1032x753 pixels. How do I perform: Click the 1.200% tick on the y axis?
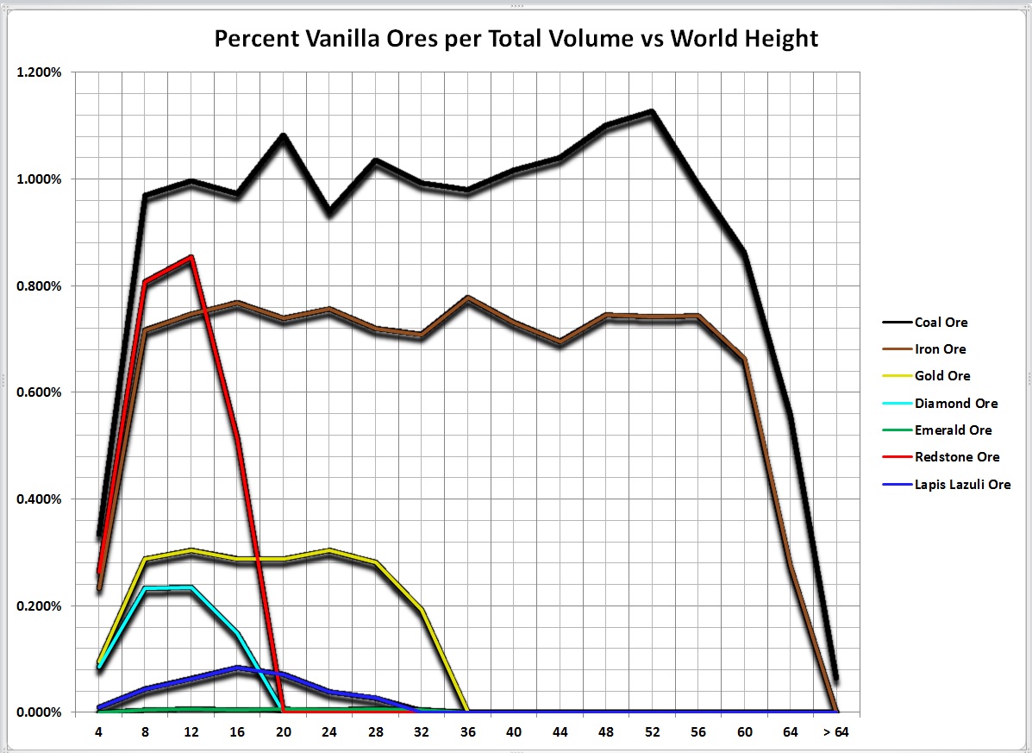[x=39, y=72]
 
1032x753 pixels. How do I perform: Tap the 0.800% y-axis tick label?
[x=39, y=286]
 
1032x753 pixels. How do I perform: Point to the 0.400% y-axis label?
[x=39, y=499]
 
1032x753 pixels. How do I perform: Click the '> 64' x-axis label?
[x=836, y=731]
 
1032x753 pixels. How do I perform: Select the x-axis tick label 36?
[x=467, y=731]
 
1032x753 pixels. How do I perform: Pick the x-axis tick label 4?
[x=98, y=731]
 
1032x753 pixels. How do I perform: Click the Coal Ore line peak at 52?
[x=652, y=111]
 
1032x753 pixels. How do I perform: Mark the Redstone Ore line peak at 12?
[x=191, y=257]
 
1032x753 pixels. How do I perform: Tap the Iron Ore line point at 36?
[x=467, y=298]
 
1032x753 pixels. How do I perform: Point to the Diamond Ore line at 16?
[x=236, y=633]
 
